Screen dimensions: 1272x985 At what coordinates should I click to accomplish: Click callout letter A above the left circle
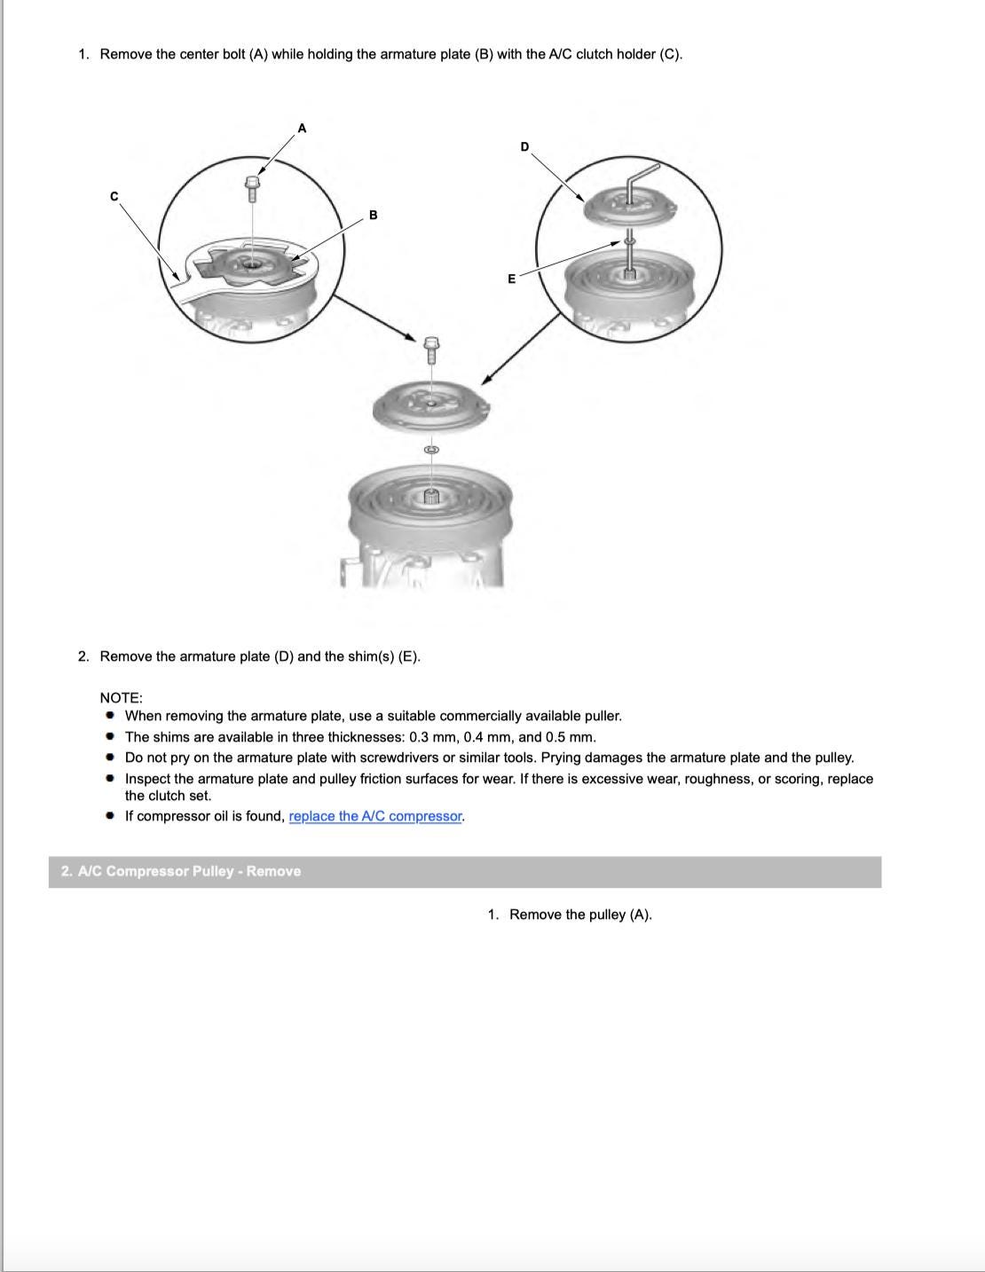click(x=302, y=129)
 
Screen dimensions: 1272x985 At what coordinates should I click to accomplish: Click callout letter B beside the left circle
click(x=374, y=216)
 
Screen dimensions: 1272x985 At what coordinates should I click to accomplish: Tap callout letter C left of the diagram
click(x=114, y=196)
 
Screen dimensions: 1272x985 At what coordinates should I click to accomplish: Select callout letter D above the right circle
click(x=524, y=146)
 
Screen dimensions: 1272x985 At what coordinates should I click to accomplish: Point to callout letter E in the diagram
click(x=511, y=279)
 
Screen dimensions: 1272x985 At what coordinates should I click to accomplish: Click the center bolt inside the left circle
click(x=252, y=188)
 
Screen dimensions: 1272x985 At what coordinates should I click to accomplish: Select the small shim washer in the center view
click(x=432, y=450)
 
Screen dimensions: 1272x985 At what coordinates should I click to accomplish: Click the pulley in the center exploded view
click(x=431, y=506)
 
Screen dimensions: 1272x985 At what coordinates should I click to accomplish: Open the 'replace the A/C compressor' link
click(x=375, y=816)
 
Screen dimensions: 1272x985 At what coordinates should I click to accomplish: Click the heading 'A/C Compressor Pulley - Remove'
click(x=181, y=871)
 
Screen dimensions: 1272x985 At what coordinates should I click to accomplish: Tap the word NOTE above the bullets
click(x=121, y=698)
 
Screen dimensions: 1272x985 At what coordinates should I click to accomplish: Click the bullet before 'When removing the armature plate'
click(x=110, y=715)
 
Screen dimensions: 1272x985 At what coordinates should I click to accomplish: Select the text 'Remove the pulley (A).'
click(x=580, y=915)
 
